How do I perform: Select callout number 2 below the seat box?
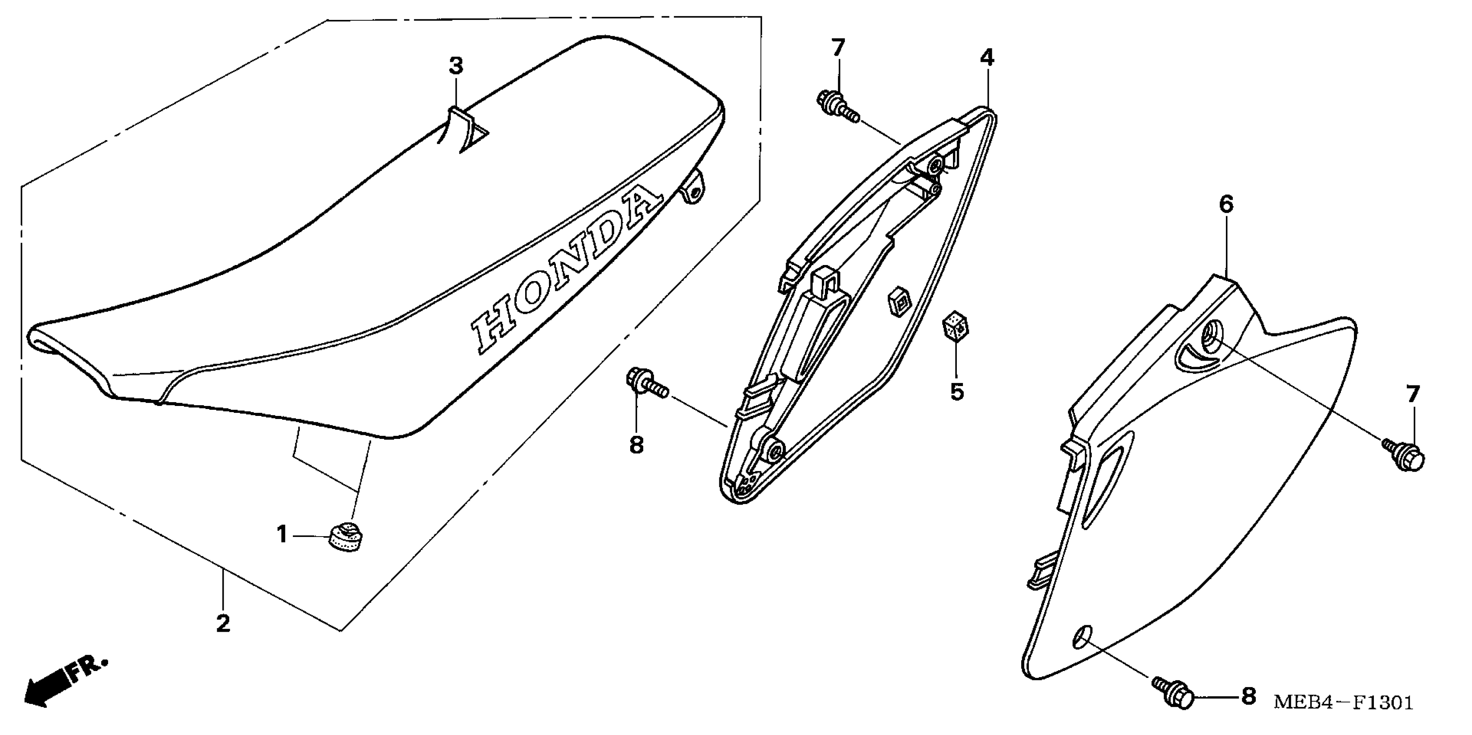click(x=223, y=623)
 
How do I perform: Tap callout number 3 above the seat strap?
click(x=455, y=66)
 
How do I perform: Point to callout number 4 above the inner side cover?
click(x=987, y=57)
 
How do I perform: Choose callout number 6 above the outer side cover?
click(x=1226, y=205)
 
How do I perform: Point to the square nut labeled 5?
click(x=954, y=327)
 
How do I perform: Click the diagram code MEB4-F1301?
click(x=1343, y=703)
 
